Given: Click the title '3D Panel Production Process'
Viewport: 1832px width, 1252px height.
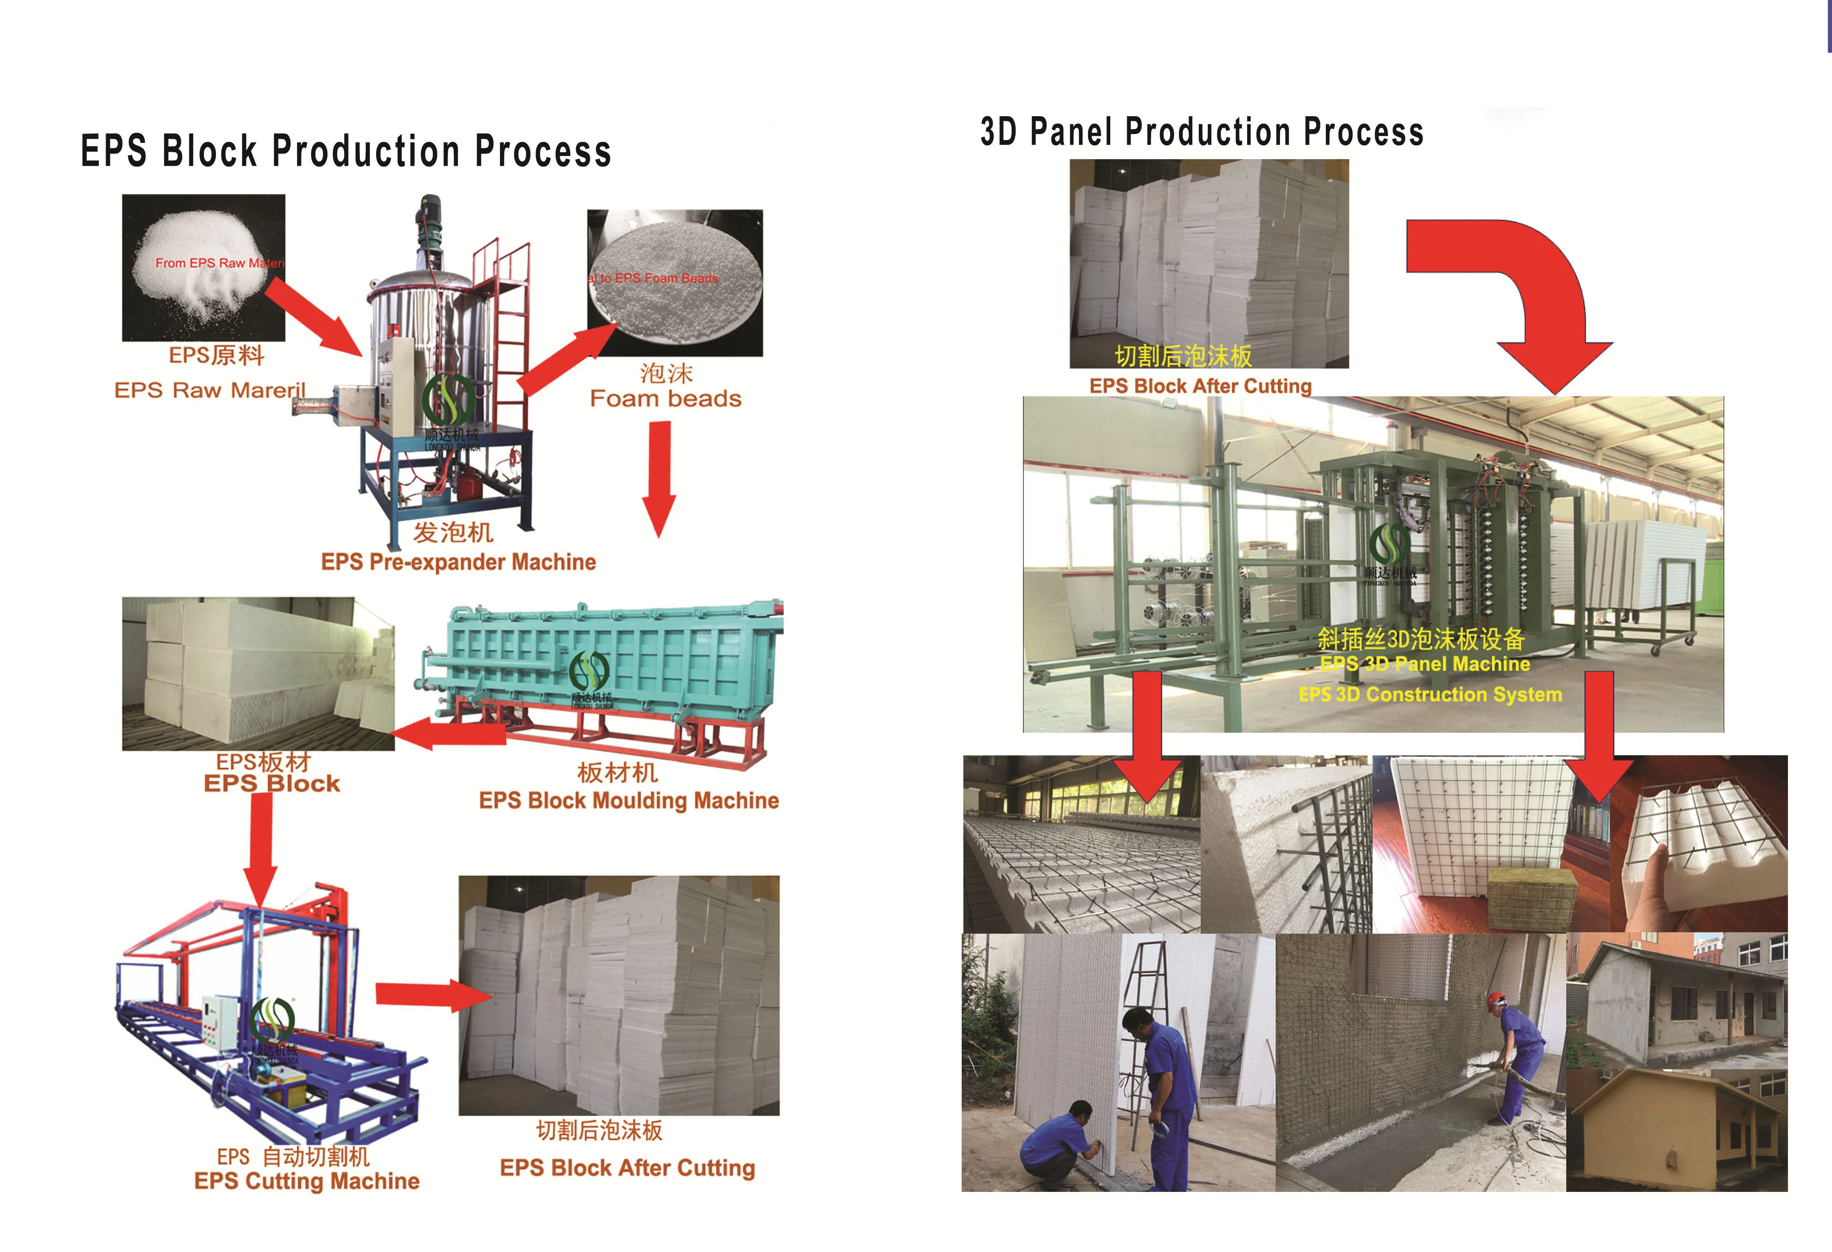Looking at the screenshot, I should click(x=1201, y=132).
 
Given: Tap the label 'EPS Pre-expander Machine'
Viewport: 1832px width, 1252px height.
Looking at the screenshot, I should click(x=458, y=562).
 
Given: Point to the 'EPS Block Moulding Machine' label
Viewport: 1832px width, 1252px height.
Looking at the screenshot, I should click(x=628, y=801).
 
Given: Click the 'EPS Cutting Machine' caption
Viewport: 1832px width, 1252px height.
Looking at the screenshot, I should click(x=307, y=1181).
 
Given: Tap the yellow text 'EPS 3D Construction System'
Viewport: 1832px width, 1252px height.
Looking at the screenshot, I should click(x=1430, y=695).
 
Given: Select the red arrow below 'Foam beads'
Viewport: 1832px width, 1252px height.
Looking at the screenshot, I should click(x=660, y=477).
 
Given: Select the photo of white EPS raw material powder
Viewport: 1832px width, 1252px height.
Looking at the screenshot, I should click(x=204, y=267).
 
